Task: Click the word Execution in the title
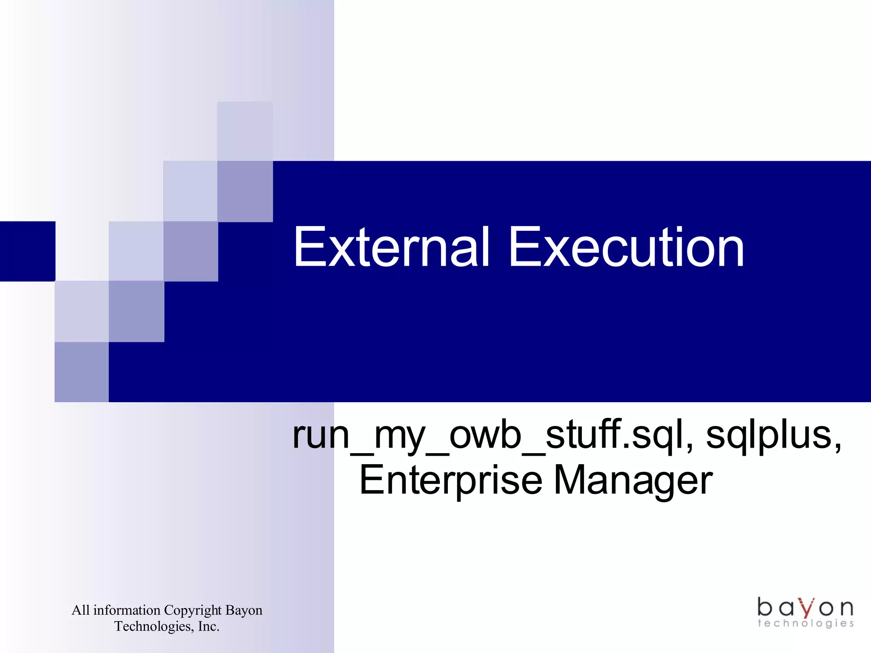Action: pos(626,247)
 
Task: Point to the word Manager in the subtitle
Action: pos(633,480)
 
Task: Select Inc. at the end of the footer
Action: pos(208,627)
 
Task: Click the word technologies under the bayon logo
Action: pos(806,624)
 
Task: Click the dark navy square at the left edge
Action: pos(27,251)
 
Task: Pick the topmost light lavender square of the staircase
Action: pos(245,131)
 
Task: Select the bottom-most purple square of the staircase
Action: pos(82,372)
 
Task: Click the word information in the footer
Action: pos(127,610)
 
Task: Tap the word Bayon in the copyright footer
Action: pos(244,610)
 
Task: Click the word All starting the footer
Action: pos(80,610)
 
